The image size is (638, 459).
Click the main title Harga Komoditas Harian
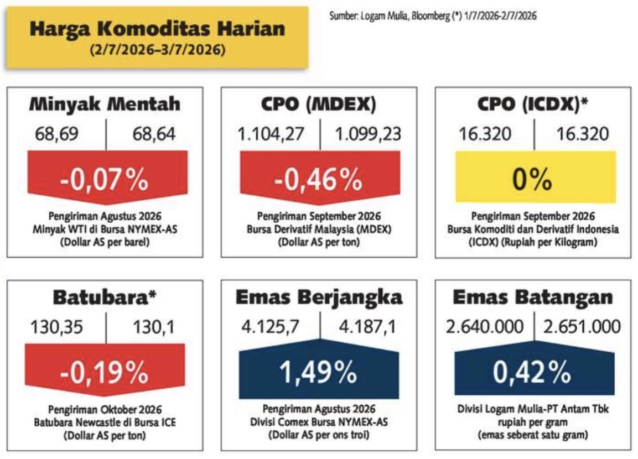[x=158, y=29]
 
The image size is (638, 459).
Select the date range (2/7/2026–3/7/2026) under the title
[x=158, y=50]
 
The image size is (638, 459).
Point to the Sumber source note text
[x=433, y=16]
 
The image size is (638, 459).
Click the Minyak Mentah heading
[x=105, y=104]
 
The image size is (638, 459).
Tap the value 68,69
[x=56, y=134]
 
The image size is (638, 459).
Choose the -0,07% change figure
[x=105, y=179]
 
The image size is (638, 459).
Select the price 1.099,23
[x=368, y=134]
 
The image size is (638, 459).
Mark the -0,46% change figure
[x=319, y=179]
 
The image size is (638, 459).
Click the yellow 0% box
[x=536, y=177]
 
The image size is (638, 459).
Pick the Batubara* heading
[x=105, y=297]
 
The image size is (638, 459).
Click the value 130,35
[x=56, y=327]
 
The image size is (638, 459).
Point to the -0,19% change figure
[x=105, y=372]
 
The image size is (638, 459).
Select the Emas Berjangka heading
[x=319, y=298]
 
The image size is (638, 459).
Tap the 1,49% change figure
[x=318, y=372]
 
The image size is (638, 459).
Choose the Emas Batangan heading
[x=533, y=297]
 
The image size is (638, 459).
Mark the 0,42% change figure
[x=532, y=372]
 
